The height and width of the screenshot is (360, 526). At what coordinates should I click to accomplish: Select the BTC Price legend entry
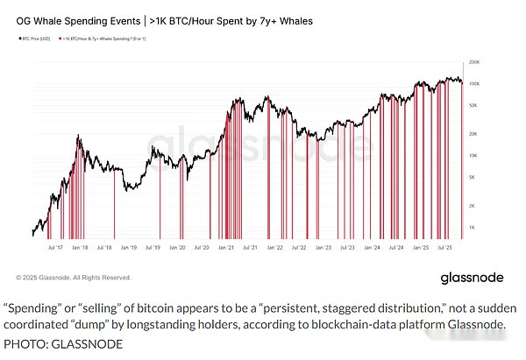click(x=37, y=38)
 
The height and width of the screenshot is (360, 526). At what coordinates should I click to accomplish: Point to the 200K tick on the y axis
click(x=473, y=63)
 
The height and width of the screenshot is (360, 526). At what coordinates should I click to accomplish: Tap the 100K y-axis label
click(x=473, y=84)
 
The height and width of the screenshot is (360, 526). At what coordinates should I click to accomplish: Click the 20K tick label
click(x=474, y=134)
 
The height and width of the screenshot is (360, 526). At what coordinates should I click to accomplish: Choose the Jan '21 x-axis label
click(x=226, y=248)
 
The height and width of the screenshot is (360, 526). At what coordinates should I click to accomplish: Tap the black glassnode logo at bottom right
click(x=472, y=278)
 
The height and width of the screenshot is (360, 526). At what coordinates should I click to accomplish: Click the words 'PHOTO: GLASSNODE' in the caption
click(x=62, y=343)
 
